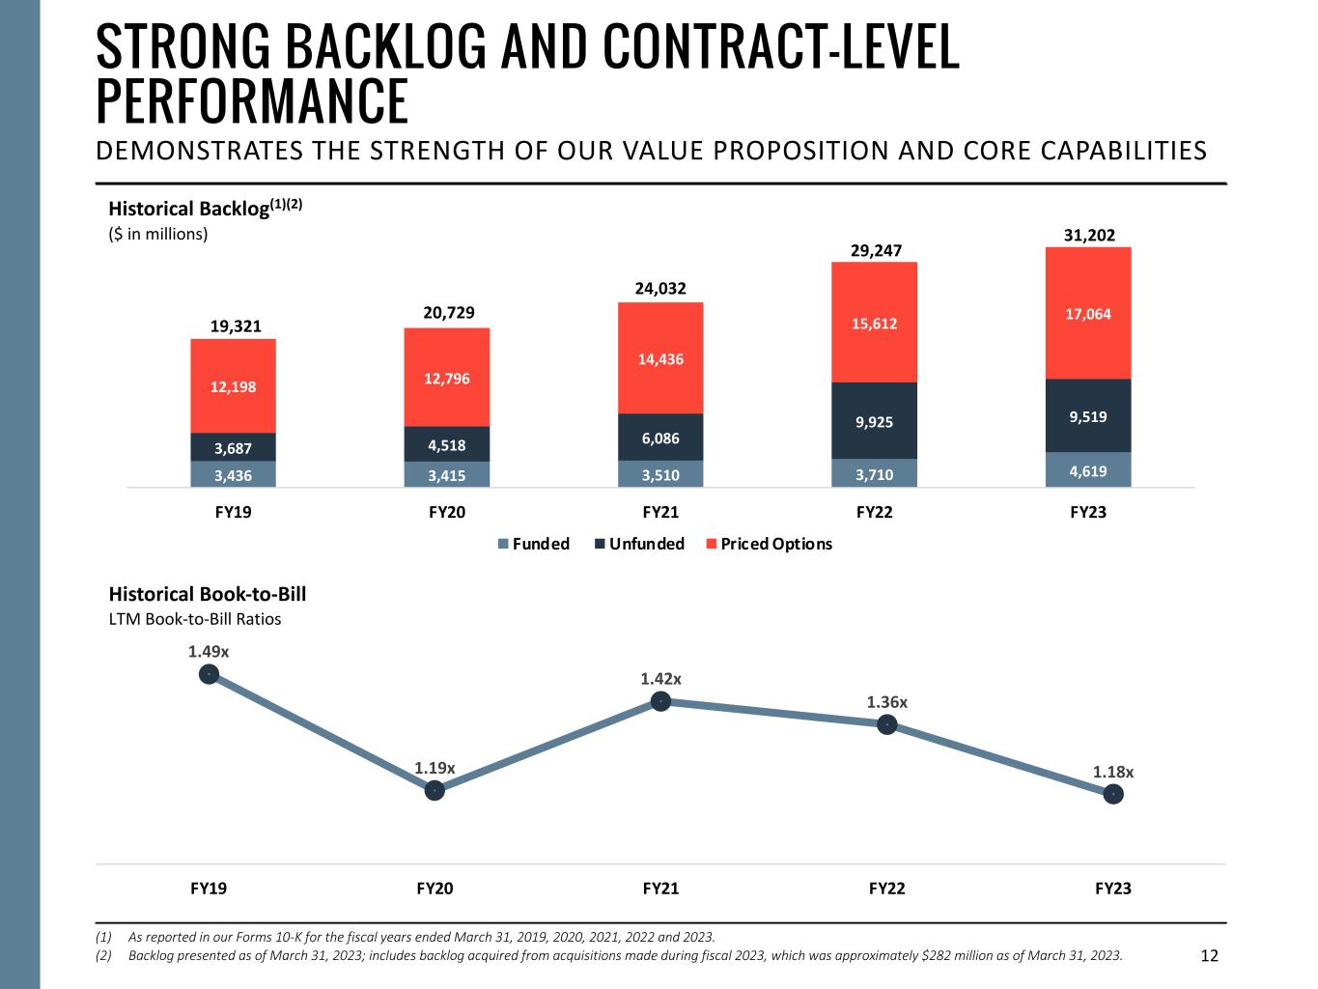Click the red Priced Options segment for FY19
233,385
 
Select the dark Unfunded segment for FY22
874,420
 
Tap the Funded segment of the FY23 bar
1088,470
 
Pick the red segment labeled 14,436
660,358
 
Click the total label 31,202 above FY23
1088,235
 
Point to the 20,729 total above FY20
447,313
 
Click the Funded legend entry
533,544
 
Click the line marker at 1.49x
209,674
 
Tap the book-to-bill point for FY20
435,791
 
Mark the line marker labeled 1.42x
660,701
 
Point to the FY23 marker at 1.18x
1113,794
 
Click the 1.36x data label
886,702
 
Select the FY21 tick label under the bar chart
660,512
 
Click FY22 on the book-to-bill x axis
886,889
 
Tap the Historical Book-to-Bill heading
207,594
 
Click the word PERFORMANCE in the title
253,100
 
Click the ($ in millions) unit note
157,234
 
